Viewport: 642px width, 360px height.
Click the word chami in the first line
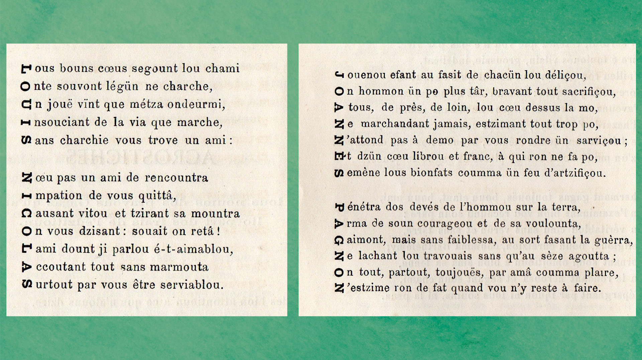click(222, 68)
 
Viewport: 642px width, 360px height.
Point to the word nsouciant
click(62, 122)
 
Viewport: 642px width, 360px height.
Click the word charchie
click(84, 140)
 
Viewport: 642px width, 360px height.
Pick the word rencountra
click(176, 178)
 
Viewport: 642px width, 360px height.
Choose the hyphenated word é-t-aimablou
click(193, 249)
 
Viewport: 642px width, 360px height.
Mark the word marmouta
click(179, 267)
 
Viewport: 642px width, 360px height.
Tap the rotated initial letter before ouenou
click(339, 75)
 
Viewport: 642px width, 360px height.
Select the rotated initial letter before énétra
click(339, 207)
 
